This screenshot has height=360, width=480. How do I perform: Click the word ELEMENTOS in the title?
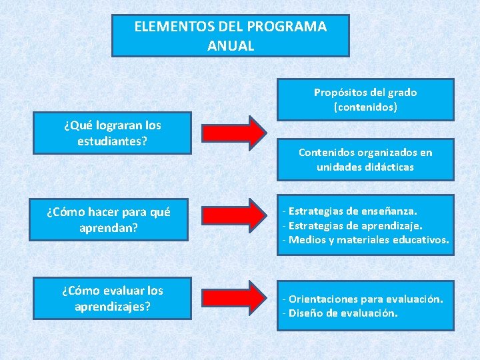click(167, 27)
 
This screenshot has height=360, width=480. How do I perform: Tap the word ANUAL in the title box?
click(231, 46)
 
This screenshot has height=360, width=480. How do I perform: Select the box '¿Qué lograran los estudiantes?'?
click(113, 133)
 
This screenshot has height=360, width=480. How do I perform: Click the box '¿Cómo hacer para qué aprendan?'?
click(109, 220)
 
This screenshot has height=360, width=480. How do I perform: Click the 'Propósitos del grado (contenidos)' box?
click(365, 99)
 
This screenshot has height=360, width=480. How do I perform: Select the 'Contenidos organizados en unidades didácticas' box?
click(365, 159)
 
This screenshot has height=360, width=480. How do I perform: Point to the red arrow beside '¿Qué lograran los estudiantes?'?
click(234, 132)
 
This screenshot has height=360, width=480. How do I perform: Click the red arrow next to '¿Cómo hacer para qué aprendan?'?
click(234, 214)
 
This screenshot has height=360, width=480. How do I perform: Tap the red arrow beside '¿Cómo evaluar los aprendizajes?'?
click(234, 296)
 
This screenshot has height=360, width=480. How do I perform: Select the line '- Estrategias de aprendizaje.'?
click(353, 225)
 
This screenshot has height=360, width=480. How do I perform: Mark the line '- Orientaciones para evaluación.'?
click(363, 299)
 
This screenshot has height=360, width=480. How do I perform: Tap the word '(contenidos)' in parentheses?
click(365, 107)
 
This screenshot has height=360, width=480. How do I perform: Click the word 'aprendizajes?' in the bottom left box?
click(113, 307)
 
